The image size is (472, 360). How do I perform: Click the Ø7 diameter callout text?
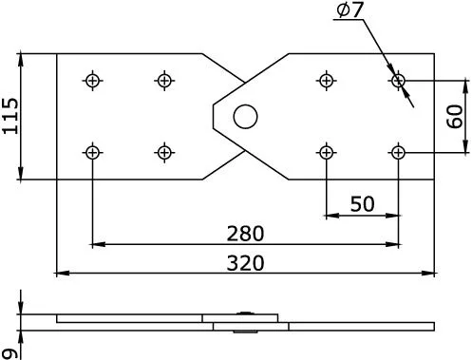[349, 9]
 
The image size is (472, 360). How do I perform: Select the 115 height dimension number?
[10, 116]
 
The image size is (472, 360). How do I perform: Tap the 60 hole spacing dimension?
[455, 116]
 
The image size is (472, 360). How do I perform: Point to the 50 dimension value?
[362, 204]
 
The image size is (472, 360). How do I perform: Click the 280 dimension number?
[245, 234]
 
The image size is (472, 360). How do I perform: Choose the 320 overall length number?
[245, 263]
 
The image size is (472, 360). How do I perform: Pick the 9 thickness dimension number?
[10, 354]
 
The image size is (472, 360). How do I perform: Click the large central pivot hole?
[245, 117]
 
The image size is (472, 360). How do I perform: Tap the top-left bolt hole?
[92, 81]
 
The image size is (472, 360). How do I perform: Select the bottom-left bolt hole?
[92, 153]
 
